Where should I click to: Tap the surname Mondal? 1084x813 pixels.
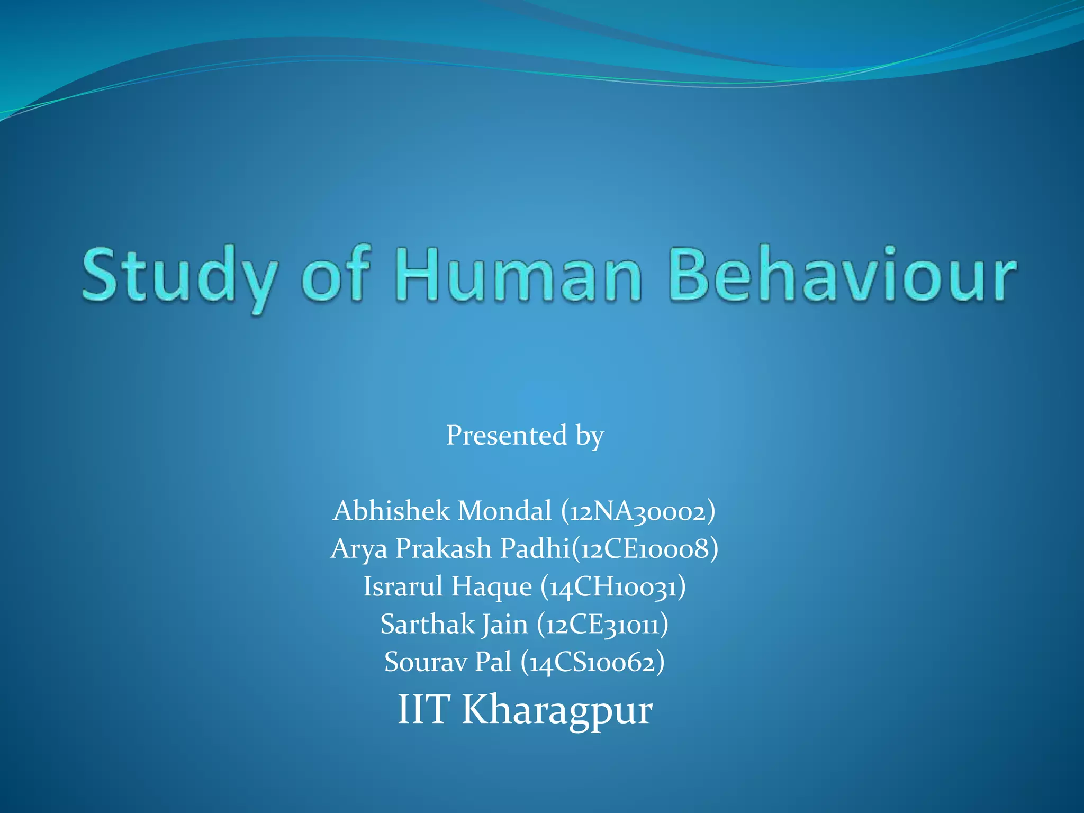tap(504, 511)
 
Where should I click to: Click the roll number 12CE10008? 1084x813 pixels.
tap(645, 549)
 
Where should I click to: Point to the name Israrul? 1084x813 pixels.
tap(403, 586)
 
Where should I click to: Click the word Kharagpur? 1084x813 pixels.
tap(557, 710)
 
